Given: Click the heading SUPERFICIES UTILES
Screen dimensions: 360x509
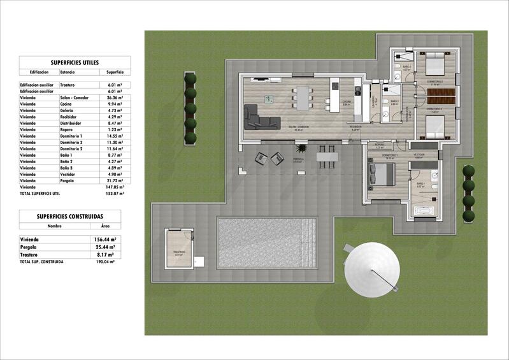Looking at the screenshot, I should (75, 62).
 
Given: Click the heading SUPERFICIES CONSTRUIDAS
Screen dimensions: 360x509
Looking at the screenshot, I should (70, 216).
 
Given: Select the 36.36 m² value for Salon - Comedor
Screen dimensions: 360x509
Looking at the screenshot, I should (115, 97).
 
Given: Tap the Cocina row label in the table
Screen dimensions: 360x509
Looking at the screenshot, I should (68, 104).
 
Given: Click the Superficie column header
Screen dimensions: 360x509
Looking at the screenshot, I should (115, 73).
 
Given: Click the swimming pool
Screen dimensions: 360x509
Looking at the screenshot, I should (267, 242).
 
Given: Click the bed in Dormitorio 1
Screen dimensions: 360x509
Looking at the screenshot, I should (382, 173).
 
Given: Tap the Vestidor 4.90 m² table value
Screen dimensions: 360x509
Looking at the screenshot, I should (115, 175).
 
